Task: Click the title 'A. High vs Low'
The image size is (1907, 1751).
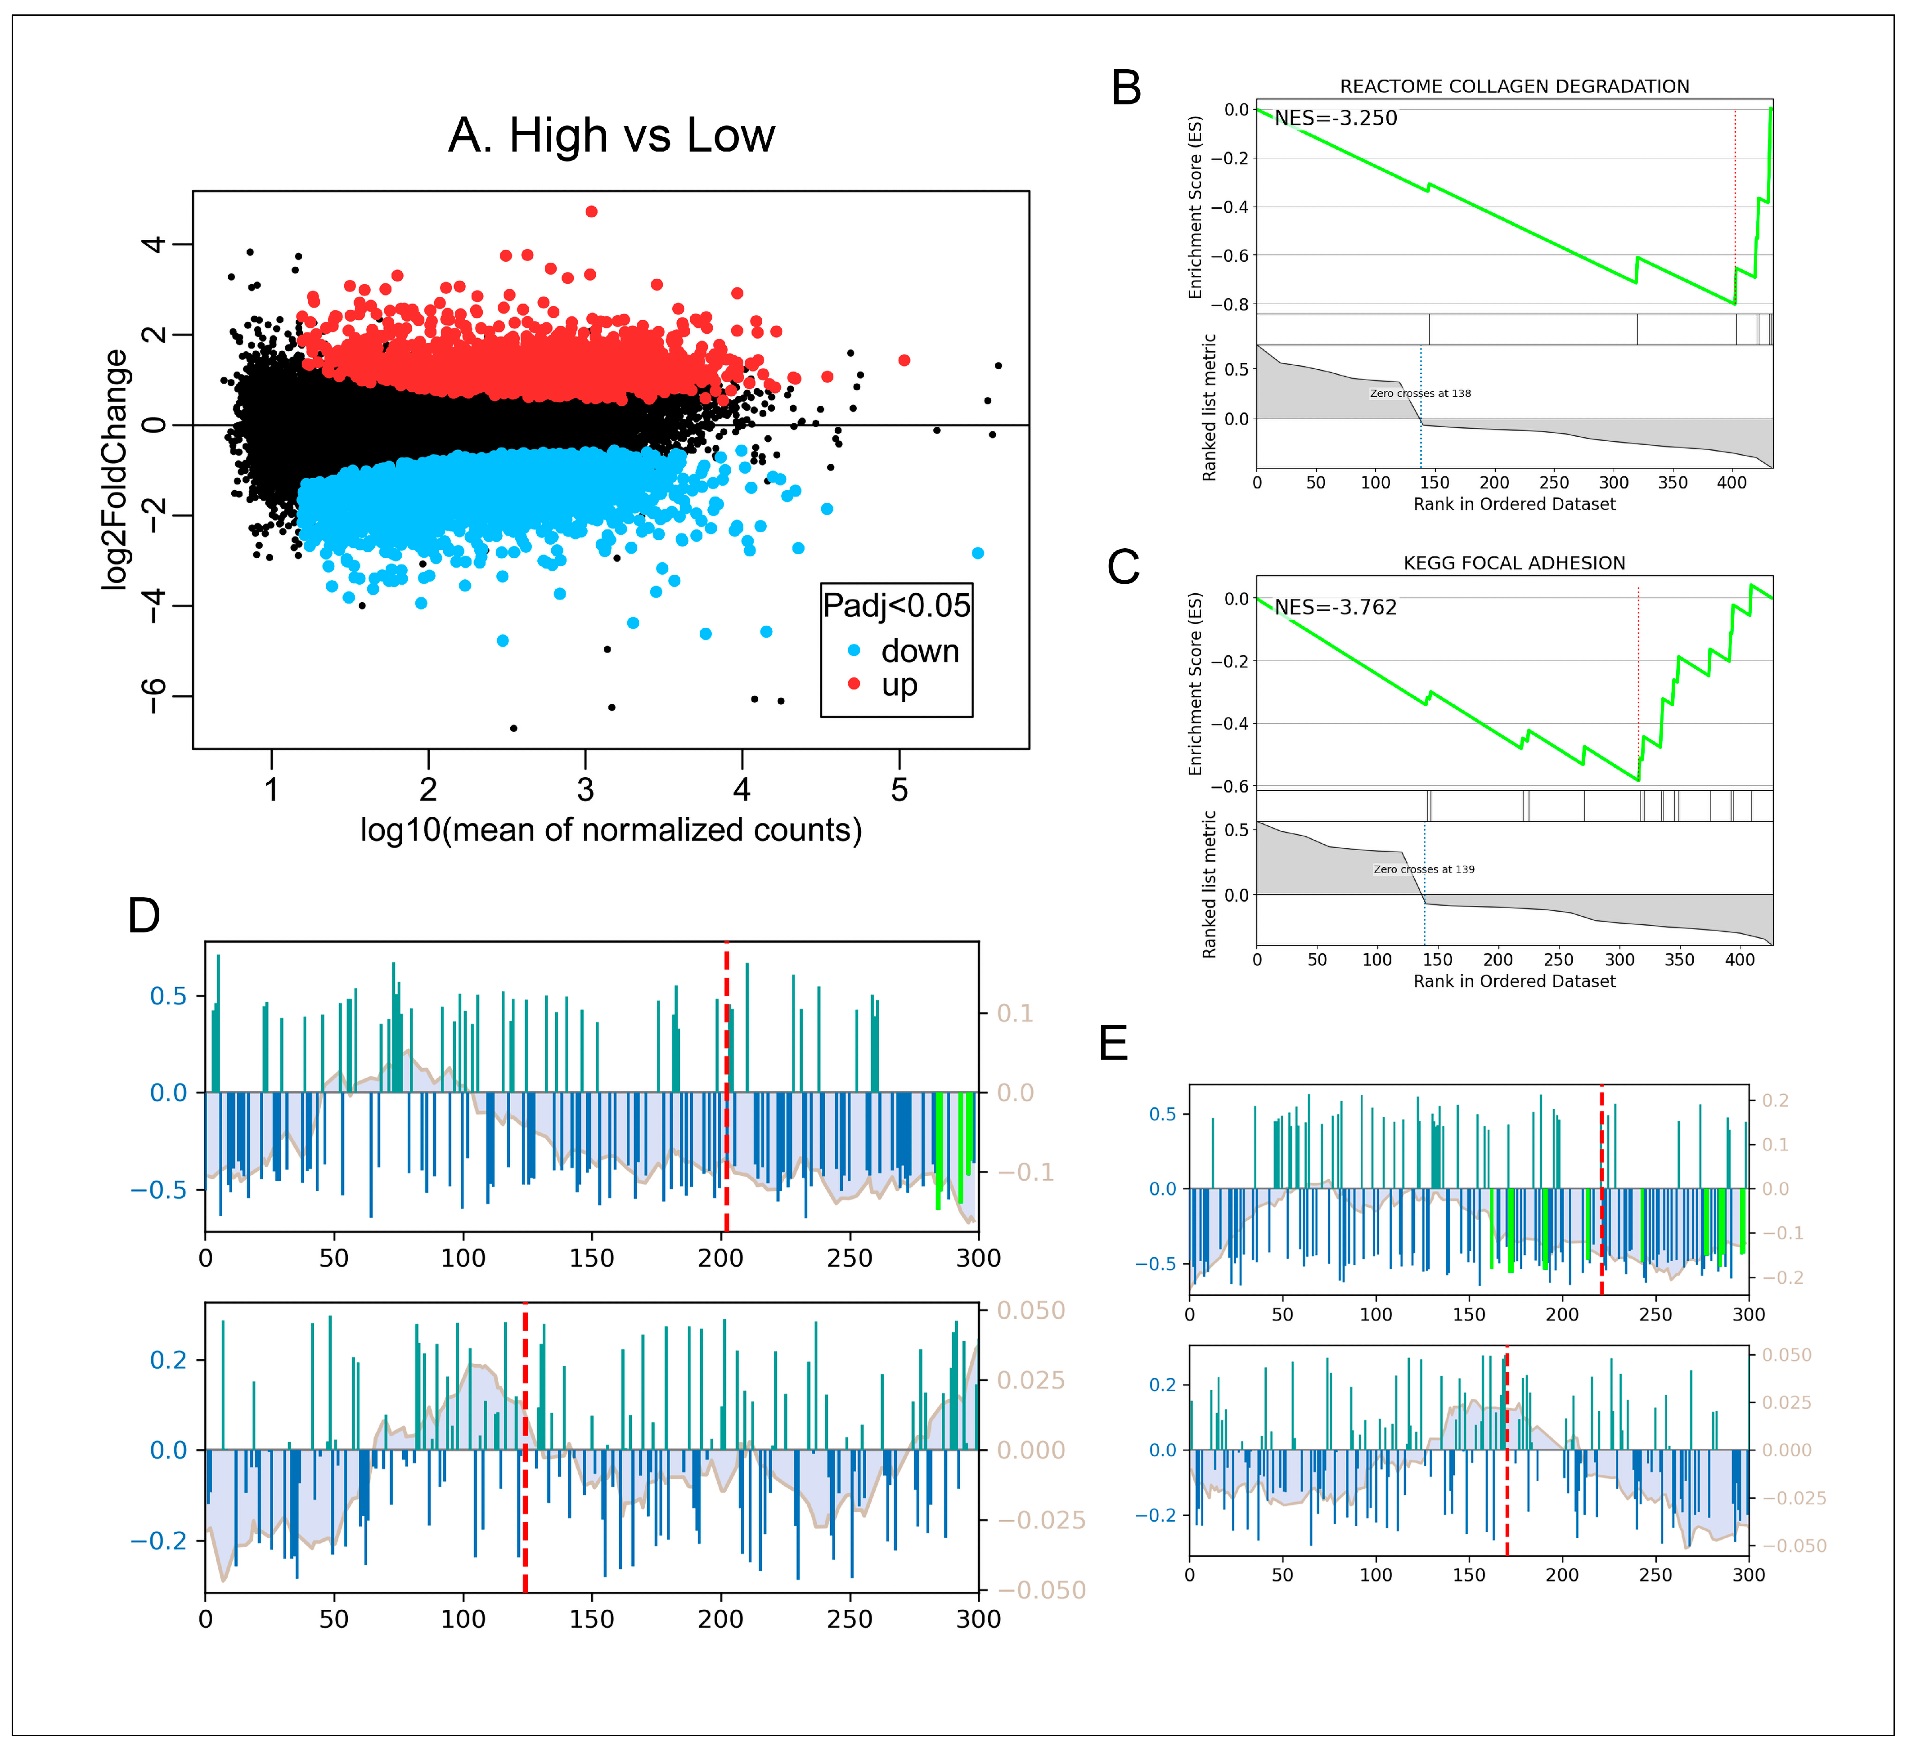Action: [612, 135]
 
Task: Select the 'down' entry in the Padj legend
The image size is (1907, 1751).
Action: [919, 652]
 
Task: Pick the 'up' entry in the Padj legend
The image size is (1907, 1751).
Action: [899, 684]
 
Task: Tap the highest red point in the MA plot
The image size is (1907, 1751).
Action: [591, 211]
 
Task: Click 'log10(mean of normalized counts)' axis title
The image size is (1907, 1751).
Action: [612, 830]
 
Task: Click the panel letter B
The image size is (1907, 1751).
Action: [1126, 88]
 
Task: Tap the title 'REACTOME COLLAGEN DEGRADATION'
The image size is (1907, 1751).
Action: [1514, 86]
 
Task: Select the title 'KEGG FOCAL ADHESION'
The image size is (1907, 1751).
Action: [1514, 563]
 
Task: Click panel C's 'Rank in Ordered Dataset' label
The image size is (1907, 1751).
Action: [1514, 981]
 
